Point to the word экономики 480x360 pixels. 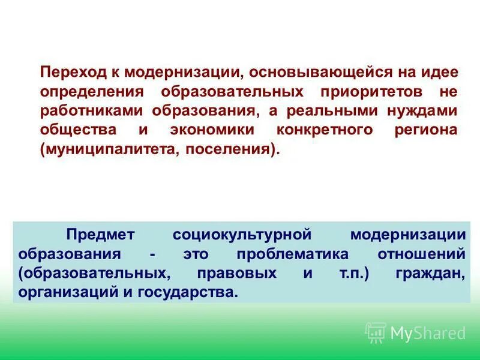(211, 130)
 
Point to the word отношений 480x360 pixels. (421, 253)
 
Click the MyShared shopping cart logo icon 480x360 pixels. (376, 332)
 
